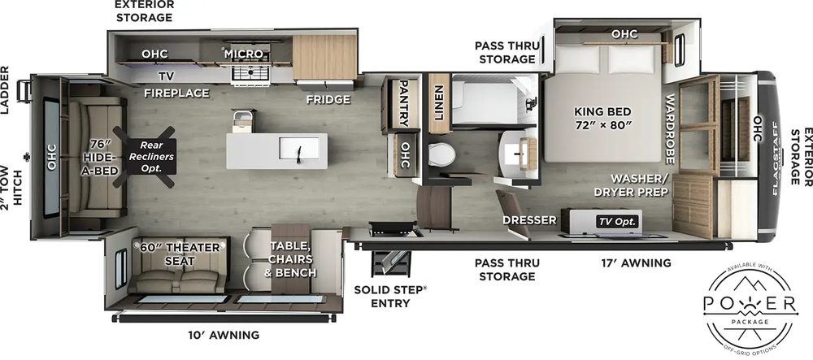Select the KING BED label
coord(602,118)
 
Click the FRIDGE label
coord(328,99)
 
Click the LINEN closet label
coord(438,104)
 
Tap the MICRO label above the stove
coord(245,54)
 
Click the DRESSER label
coord(529,220)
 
